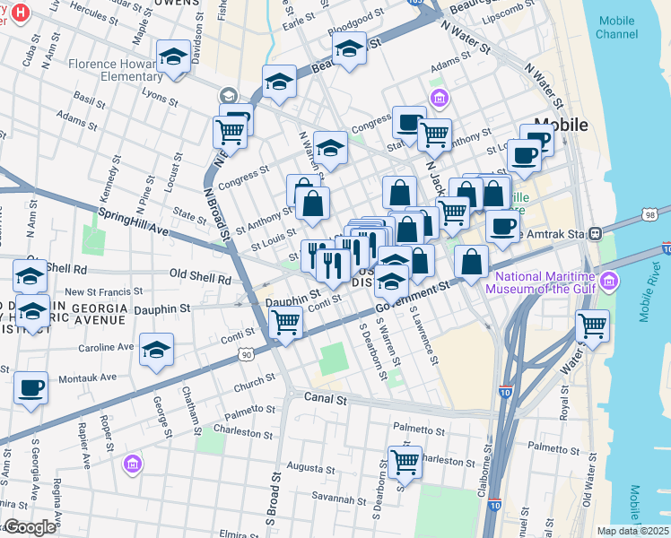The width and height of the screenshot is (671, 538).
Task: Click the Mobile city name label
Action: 561,125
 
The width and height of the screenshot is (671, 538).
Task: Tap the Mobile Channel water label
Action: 617,26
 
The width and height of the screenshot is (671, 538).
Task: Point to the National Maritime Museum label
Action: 542,282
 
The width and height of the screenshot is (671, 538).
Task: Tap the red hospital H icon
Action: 20,13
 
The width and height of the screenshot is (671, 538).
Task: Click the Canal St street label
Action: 325,398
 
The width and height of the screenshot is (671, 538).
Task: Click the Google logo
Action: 30,527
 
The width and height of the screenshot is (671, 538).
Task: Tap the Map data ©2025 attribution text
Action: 632,531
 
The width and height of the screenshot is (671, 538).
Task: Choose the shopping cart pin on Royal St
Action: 592,326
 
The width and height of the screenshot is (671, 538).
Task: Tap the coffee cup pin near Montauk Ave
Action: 31,388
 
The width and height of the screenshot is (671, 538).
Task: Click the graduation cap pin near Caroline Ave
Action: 157,350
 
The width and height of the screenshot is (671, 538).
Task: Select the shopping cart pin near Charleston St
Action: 405,463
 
